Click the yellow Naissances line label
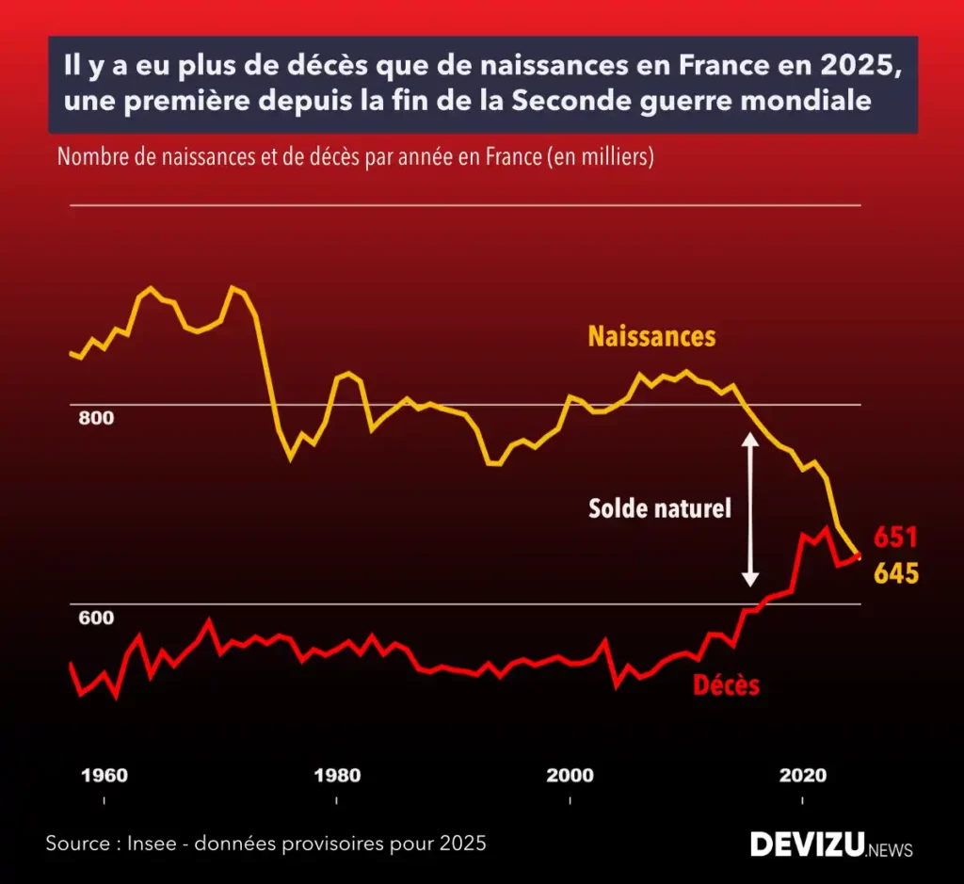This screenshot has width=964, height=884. (x=651, y=337)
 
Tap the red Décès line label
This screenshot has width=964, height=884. (x=726, y=685)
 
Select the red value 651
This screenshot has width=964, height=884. (x=895, y=538)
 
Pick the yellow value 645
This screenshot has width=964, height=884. (x=896, y=573)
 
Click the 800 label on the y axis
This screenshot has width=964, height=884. (x=96, y=418)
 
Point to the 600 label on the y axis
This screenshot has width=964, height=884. (x=96, y=619)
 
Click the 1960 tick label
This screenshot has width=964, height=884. (x=104, y=776)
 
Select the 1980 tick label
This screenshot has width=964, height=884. (x=337, y=776)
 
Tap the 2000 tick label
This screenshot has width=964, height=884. (x=570, y=776)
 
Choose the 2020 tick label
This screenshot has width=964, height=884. (x=802, y=776)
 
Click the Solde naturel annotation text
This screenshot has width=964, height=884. (x=660, y=509)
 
